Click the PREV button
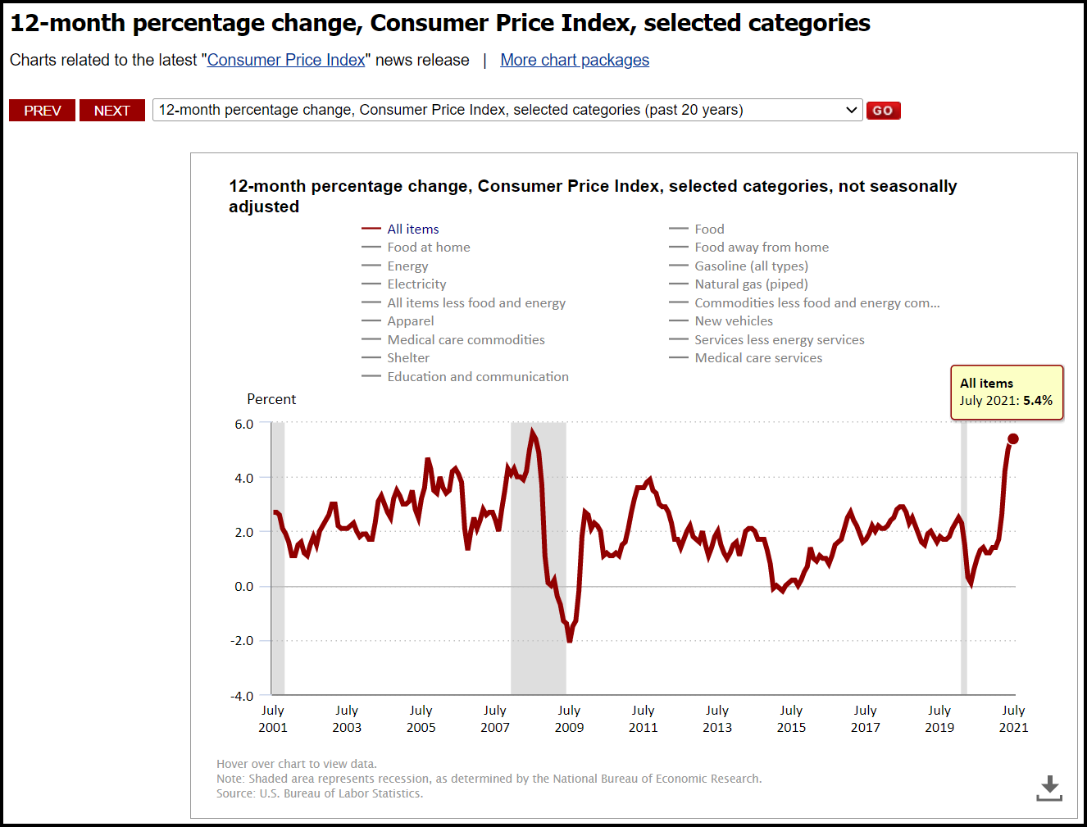coord(42,111)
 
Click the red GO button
coord(883,111)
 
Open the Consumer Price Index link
coord(286,60)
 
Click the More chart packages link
coord(575,60)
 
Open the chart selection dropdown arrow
coord(852,110)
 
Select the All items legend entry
coord(412,229)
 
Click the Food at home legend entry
coord(428,248)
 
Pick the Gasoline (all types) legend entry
coord(751,266)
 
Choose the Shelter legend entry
coord(407,358)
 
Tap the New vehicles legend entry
coord(733,321)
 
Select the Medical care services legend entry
coord(757,358)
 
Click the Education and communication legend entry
coord(477,377)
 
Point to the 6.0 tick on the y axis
coord(244,425)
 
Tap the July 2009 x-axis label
coord(569,719)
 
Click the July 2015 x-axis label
coord(791,719)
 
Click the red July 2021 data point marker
coord(1012,439)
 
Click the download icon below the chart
coord(1049,788)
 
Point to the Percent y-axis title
coord(271,399)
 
